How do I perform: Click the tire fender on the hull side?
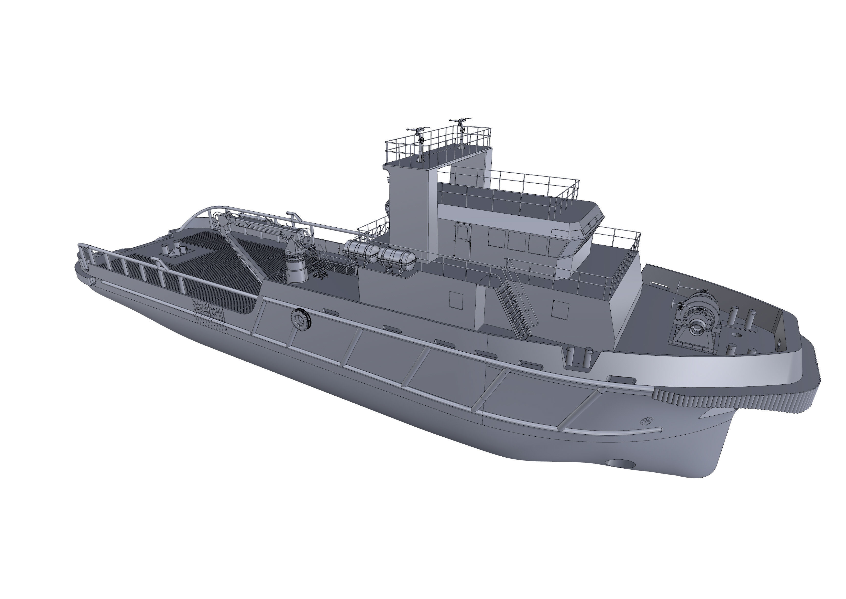301,319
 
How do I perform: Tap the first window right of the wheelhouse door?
496,239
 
